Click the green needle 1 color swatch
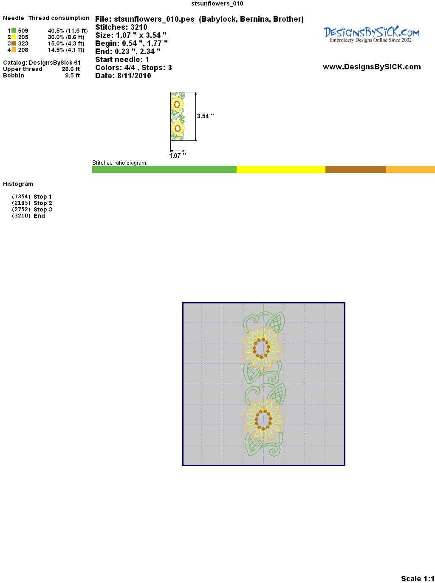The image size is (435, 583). tap(14, 31)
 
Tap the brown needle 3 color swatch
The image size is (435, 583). tap(14, 43)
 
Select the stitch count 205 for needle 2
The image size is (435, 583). tap(23, 37)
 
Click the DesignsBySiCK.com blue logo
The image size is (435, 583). tap(371, 34)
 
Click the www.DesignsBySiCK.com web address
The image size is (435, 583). tap(372, 67)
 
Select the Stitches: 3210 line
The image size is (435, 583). tap(121, 27)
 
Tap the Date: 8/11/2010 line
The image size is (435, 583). tap(123, 76)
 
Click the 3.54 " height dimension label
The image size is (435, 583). tap(206, 116)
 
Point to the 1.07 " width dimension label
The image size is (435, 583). tap(178, 156)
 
